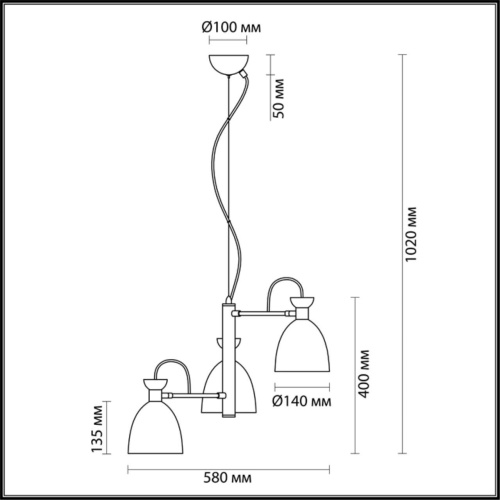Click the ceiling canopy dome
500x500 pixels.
[227, 67]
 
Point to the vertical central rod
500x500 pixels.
[227, 360]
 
